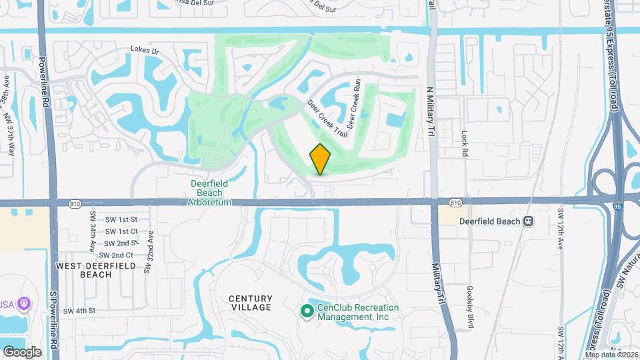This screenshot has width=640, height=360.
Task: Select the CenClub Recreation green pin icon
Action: click(x=307, y=311)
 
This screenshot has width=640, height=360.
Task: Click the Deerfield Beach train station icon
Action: click(x=528, y=221)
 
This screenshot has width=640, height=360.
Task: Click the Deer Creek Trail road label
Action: click(x=327, y=119)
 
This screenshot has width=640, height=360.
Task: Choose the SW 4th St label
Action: click(x=81, y=311)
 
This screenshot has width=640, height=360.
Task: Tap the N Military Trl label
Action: click(x=431, y=107)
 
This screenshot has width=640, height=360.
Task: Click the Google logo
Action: click(x=21, y=351)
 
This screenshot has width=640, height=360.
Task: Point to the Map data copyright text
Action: click(x=611, y=355)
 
